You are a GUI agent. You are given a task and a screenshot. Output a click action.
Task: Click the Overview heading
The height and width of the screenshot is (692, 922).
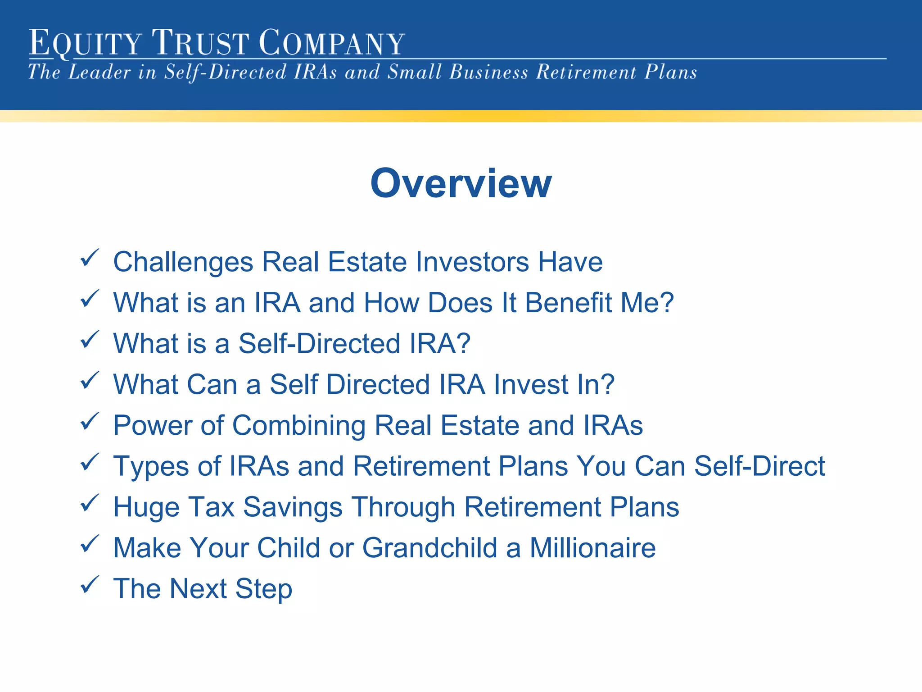tap(461, 183)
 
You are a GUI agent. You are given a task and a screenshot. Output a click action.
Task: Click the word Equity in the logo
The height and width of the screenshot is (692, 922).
tap(85, 43)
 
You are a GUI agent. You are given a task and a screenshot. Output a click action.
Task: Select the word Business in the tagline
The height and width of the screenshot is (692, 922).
tap(488, 73)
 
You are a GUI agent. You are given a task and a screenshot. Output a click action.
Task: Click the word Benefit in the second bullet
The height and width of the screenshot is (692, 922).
tap(568, 303)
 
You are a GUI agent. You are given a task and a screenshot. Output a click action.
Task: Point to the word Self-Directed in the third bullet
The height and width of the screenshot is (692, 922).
tap(319, 344)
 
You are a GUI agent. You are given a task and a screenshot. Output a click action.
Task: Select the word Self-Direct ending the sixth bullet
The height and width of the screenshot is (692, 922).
tap(759, 466)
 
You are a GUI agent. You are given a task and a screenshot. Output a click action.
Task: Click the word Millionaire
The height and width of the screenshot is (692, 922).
tap(592, 548)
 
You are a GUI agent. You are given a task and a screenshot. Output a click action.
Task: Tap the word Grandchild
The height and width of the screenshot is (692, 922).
tap(430, 548)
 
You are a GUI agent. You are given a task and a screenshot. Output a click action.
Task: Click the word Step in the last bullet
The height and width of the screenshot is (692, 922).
tap(264, 589)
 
